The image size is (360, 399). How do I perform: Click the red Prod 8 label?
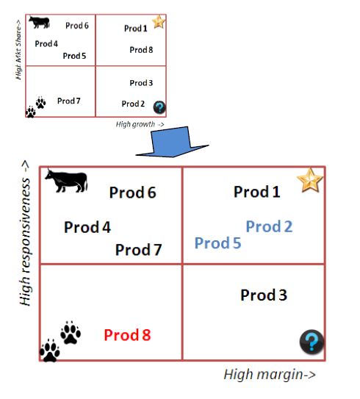[127, 335]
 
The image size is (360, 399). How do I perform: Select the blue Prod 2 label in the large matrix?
[269, 226]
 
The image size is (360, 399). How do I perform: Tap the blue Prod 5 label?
[217, 242]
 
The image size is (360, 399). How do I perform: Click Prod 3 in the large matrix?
[264, 295]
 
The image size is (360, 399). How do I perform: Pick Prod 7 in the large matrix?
[138, 250]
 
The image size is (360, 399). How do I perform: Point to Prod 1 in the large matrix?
[257, 192]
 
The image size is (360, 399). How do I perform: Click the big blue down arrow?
[172, 142]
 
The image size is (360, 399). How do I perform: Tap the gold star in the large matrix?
[310, 180]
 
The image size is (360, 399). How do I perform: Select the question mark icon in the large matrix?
[312, 342]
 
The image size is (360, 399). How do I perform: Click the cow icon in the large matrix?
[67, 181]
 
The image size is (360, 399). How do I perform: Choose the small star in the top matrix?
[159, 21]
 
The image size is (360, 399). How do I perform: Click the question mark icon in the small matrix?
[159, 107]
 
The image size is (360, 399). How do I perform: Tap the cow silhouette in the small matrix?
[39, 22]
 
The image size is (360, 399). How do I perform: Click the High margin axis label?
[270, 374]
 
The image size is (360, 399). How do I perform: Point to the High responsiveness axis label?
[26, 233]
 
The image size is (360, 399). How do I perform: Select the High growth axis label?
[140, 124]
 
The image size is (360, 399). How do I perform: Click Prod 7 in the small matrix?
[68, 101]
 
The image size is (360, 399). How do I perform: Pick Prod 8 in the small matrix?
[141, 50]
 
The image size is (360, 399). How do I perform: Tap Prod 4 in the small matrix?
[46, 44]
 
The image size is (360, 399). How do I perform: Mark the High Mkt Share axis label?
[18, 50]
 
